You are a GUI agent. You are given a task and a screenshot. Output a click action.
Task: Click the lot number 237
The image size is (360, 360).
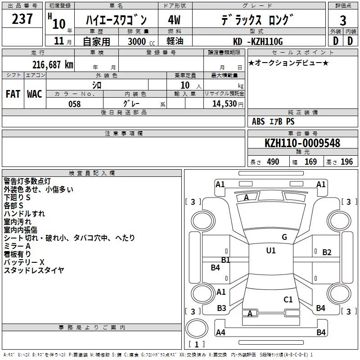pyautogui.click(x=22, y=18)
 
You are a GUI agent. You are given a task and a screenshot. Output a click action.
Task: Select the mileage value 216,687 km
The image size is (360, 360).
pyautogui.click(x=53, y=65)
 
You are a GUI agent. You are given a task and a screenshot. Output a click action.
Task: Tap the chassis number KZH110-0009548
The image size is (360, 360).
pyautogui.click(x=302, y=143)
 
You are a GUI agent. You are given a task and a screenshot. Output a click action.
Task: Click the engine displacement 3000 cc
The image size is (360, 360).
pyautogui.click(x=141, y=41)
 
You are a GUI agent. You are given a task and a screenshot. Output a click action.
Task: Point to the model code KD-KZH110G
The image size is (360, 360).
pyautogui.click(x=258, y=41)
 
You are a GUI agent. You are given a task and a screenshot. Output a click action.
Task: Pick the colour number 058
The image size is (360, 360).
pyautogui.click(x=75, y=104)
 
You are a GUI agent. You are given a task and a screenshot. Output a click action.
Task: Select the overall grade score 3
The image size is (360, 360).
pyautogui.click(x=343, y=20)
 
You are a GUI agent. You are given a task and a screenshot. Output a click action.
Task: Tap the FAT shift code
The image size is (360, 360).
pyautogui.click(x=13, y=94)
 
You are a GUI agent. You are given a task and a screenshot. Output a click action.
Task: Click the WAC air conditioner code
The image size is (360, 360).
pyautogui.click(x=35, y=94)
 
